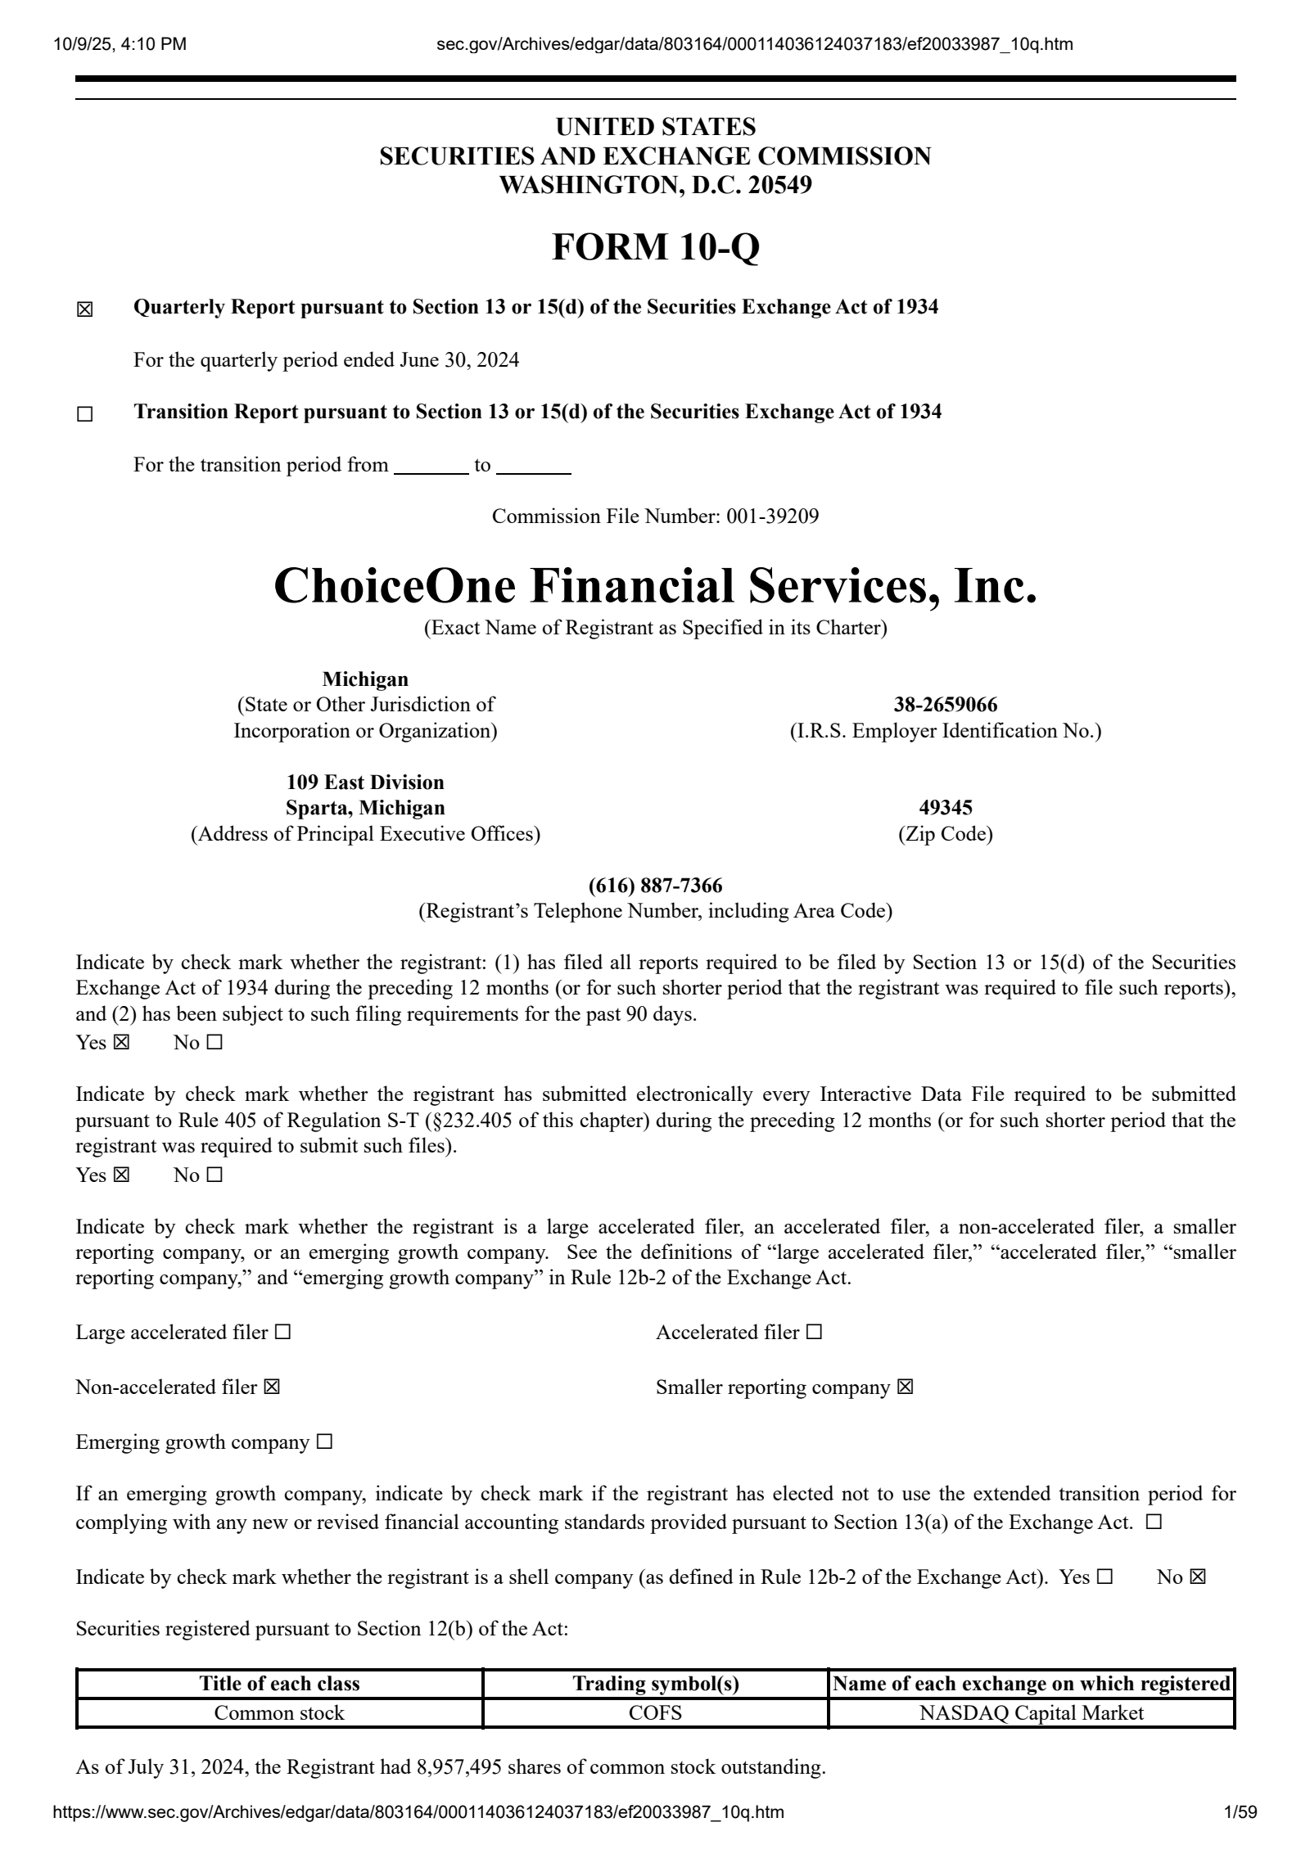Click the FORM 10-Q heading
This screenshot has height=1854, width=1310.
point(655,246)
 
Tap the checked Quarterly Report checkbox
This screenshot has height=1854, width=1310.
point(85,310)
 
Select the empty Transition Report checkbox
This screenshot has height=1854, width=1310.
point(85,415)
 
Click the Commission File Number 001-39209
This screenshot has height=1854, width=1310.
point(771,517)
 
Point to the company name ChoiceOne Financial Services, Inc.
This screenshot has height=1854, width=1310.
point(655,587)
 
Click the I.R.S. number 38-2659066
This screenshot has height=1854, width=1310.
point(945,705)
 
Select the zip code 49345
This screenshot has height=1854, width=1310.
point(945,808)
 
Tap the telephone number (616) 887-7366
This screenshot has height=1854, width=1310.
point(655,886)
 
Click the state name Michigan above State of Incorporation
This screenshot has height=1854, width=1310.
point(365,679)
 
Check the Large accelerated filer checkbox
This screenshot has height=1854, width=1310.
point(282,1333)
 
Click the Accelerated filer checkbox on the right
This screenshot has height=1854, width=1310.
point(814,1333)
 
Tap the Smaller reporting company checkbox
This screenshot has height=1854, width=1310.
point(905,1387)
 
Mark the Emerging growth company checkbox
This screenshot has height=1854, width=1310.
point(324,1442)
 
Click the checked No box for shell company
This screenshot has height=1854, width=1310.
point(1198,1577)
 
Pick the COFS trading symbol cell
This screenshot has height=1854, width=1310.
point(655,1713)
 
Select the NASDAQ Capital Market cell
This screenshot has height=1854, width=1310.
point(1031,1713)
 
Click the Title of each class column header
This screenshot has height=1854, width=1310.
point(279,1684)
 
